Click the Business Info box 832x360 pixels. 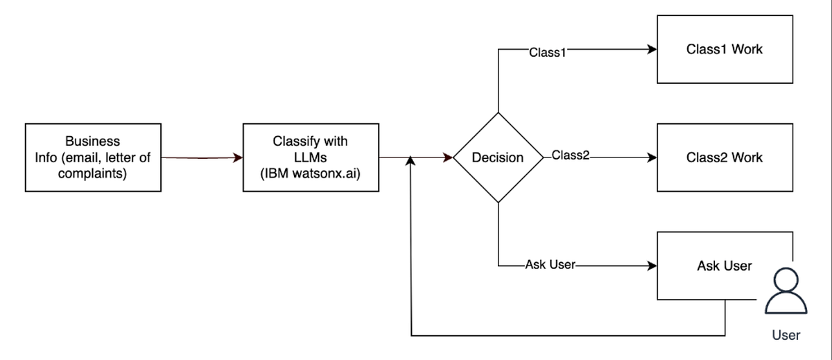pyautogui.click(x=93, y=157)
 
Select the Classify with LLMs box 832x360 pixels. pyautogui.click(x=311, y=157)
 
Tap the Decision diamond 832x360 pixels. pyautogui.click(x=498, y=157)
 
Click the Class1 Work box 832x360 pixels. pyautogui.click(x=725, y=50)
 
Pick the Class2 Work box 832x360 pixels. pyautogui.click(x=725, y=157)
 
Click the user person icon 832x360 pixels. pyautogui.click(x=786, y=294)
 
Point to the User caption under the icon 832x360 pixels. pyautogui.click(x=786, y=336)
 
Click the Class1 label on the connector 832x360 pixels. pyautogui.click(x=547, y=52)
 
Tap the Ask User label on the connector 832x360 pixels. pyautogui.click(x=551, y=265)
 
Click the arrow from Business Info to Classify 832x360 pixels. pyautogui.click(x=201, y=158)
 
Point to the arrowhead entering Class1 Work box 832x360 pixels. pyautogui.click(x=652, y=50)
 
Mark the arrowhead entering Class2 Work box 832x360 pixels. pyautogui.click(x=652, y=157)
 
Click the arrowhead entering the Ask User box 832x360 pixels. pyautogui.click(x=652, y=266)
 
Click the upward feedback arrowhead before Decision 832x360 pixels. pyautogui.click(x=411, y=162)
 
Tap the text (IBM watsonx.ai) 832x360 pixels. pyautogui.click(x=311, y=173)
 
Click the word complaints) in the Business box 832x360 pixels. pyautogui.click(x=92, y=173)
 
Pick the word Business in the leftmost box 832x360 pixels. pyautogui.click(x=92, y=142)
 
